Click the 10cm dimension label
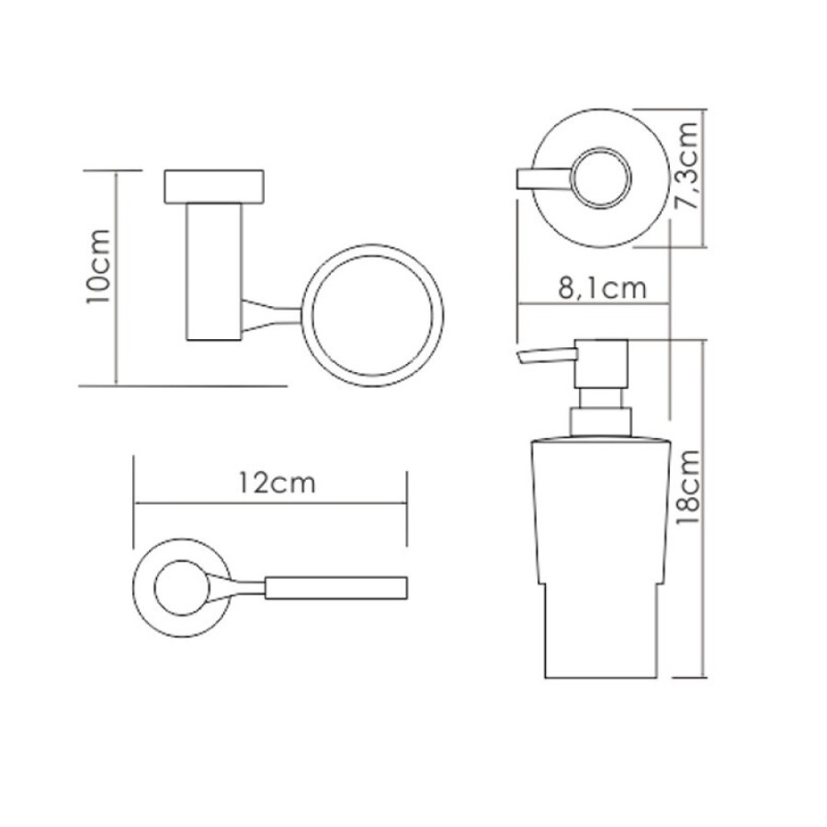98,266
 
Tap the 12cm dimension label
277,482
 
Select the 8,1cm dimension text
602,288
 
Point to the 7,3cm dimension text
688,165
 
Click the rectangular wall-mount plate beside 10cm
214,187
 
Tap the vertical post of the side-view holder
214,272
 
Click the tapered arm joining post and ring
272,316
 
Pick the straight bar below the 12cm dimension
335,588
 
